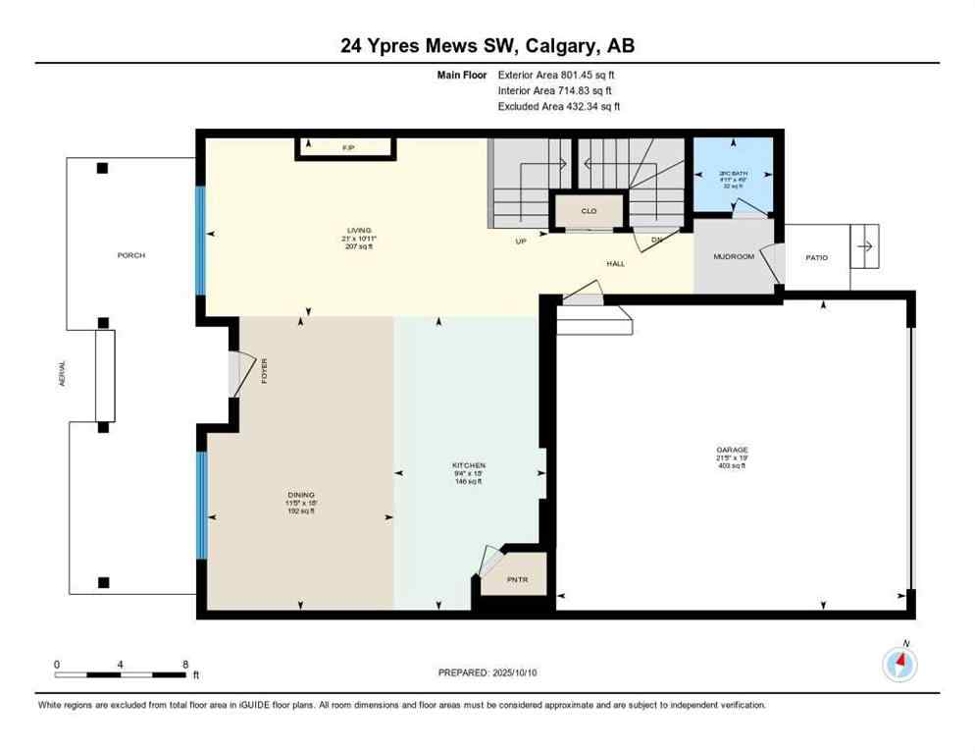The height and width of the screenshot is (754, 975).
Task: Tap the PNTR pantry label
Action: click(518, 580)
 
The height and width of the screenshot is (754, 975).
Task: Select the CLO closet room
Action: click(589, 211)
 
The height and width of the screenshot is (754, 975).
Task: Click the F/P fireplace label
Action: click(347, 147)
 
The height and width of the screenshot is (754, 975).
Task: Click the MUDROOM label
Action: click(732, 257)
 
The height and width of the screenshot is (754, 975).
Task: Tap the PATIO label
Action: click(816, 258)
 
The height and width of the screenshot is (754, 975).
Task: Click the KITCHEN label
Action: click(469, 465)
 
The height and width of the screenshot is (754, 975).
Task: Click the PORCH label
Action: click(130, 255)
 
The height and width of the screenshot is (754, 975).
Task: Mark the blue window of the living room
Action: click(200, 241)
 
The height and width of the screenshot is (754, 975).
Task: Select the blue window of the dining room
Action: click(200, 505)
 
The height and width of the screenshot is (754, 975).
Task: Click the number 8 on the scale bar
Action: click(184, 664)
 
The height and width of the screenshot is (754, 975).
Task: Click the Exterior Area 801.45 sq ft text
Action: click(556, 74)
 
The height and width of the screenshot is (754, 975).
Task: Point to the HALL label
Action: click(615, 263)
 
